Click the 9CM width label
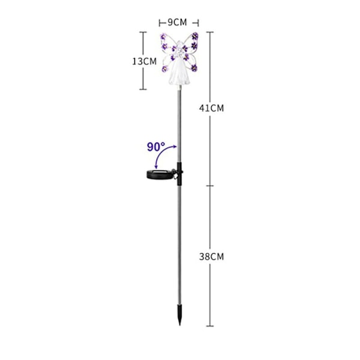point(177,23)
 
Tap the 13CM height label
point(145,61)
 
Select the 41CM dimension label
point(211,108)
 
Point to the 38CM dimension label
point(211,256)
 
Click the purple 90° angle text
point(156,147)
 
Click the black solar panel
point(160,174)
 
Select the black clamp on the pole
point(179,174)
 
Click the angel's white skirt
point(180,73)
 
